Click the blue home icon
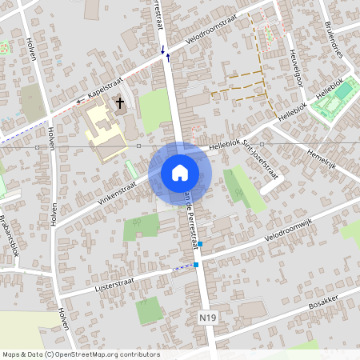click(x=180, y=173)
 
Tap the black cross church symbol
click(x=120, y=103)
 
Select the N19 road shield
click(x=207, y=318)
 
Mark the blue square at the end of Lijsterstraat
click(x=196, y=264)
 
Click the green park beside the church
click(x=154, y=110)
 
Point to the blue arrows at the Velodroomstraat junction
click(x=166, y=54)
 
